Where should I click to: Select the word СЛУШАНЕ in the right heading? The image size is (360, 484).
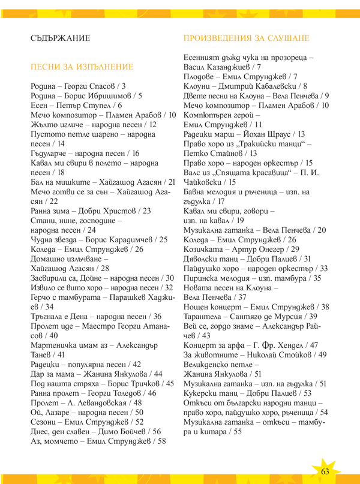[x=285, y=38]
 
